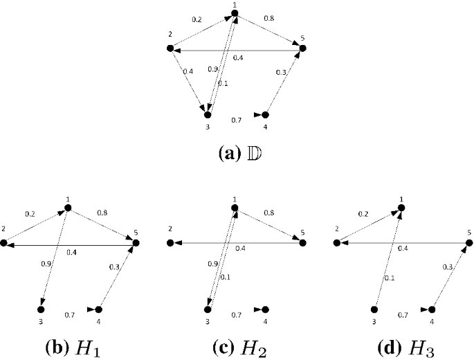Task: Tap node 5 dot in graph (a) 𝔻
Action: (x=302, y=48)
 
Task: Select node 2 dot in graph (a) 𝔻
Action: (x=170, y=48)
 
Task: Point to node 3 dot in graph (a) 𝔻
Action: (x=207, y=114)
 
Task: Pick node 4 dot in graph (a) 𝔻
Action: (x=264, y=114)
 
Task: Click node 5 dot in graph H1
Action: (x=136, y=243)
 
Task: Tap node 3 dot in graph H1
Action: (x=40, y=309)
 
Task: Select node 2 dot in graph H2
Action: (x=170, y=243)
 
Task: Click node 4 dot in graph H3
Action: (x=431, y=309)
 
